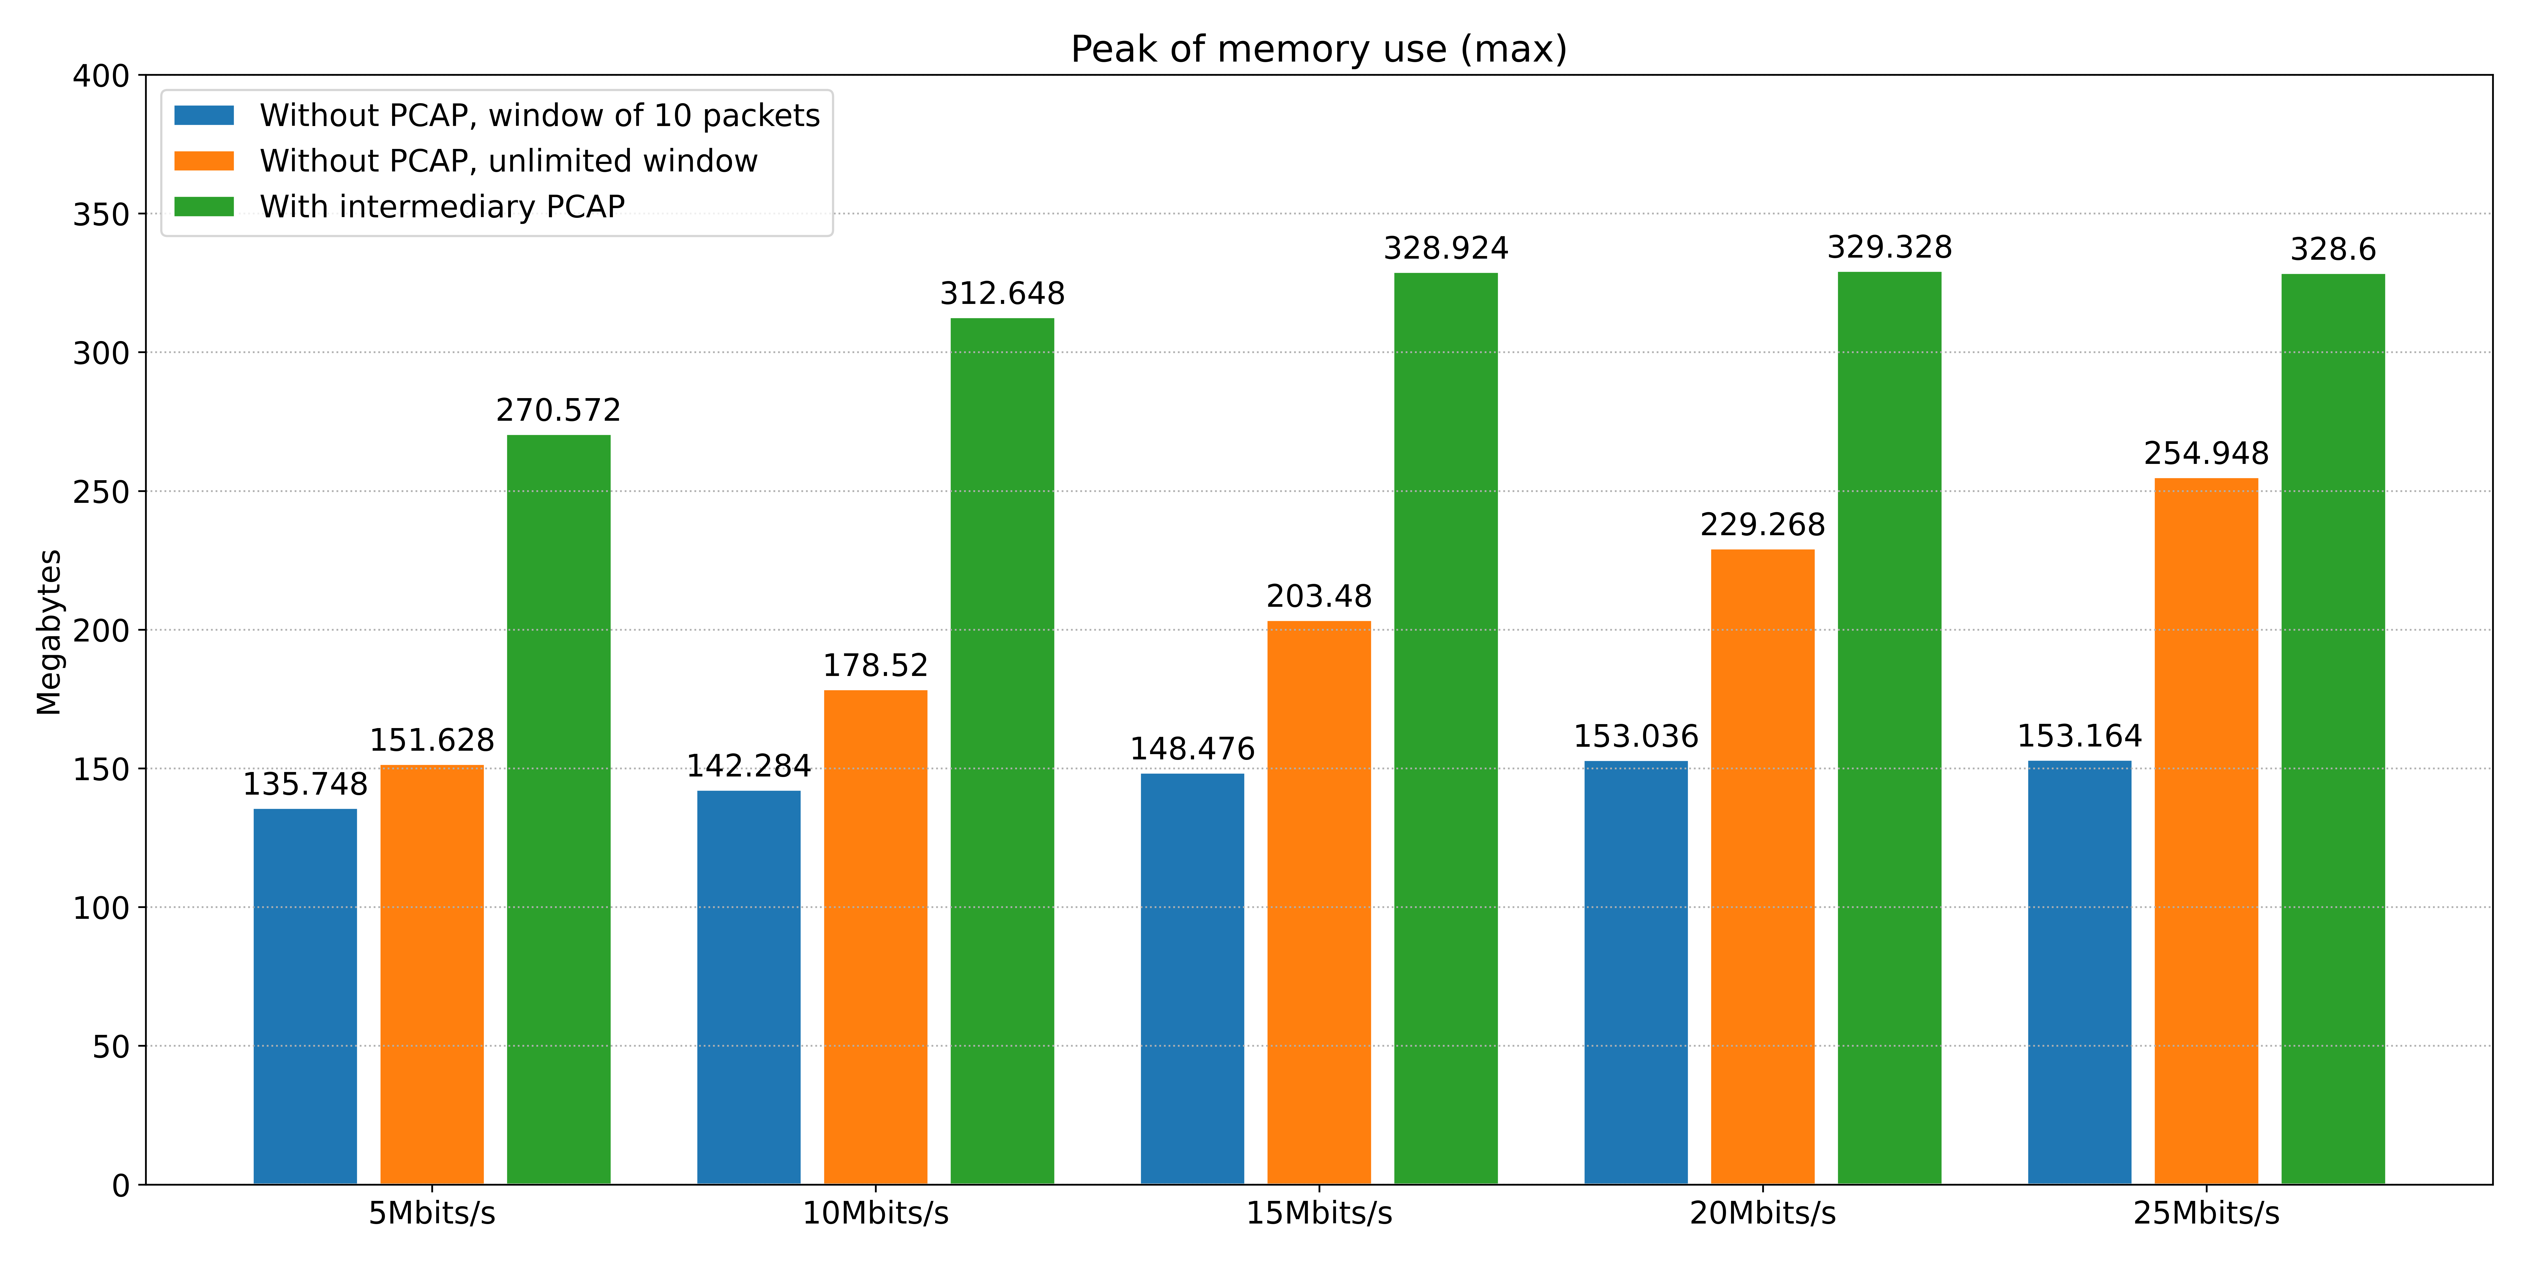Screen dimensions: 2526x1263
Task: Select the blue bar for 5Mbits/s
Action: (x=305, y=996)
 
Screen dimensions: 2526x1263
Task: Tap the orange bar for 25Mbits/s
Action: (x=2206, y=831)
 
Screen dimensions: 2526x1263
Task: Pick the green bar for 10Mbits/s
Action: (x=1002, y=751)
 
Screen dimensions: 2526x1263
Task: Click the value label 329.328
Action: (x=1890, y=247)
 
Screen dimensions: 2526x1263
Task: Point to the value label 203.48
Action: (x=1319, y=596)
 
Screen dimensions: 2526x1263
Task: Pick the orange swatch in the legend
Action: (x=204, y=161)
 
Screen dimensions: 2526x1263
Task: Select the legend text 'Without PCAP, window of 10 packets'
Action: (x=539, y=116)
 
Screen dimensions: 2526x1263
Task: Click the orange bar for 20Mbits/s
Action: (x=1762, y=867)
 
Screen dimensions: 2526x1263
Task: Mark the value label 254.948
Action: (x=2206, y=454)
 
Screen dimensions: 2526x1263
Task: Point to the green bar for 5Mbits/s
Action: (x=558, y=810)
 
